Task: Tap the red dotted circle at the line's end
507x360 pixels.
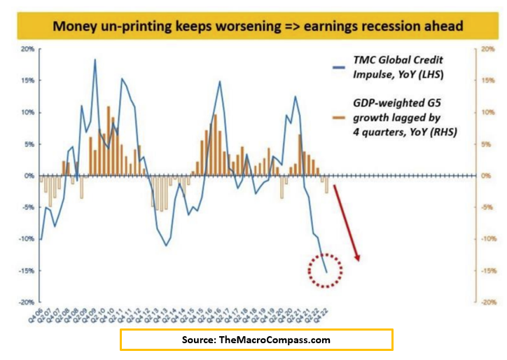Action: point(326,270)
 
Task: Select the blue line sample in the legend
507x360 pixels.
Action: point(338,68)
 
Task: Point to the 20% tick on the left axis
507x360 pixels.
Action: point(29,49)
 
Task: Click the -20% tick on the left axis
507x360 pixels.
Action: point(27,302)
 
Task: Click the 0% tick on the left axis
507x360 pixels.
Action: point(30,176)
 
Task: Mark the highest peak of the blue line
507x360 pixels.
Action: point(95,60)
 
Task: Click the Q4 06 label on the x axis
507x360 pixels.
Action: point(35,317)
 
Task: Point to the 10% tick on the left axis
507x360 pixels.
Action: point(29,112)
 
